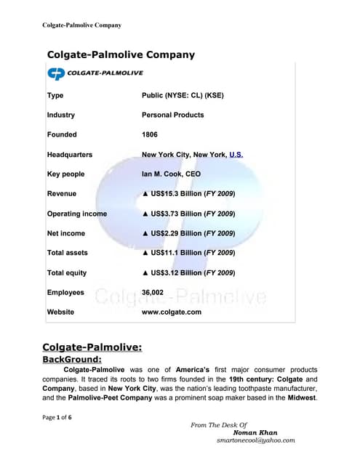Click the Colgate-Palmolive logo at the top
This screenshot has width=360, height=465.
95,73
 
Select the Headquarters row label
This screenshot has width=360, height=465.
70,155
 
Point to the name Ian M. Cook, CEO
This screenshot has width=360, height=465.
171,174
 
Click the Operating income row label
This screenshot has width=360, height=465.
76,214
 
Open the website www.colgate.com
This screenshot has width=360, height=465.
172,312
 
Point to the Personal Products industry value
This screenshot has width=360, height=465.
173,115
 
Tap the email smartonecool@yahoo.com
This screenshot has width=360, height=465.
255,440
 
